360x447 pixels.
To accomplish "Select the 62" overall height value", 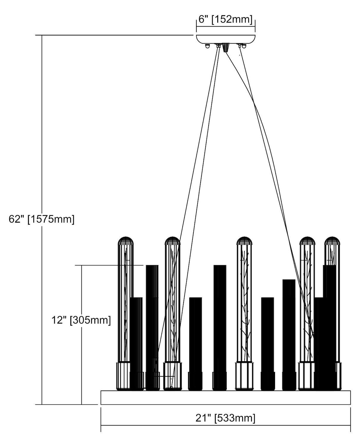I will pyautogui.click(x=16, y=219).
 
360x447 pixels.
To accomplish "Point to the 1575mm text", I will pyautogui.click(x=51, y=219).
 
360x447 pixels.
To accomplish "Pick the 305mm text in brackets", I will pyautogui.click(x=90, y=320).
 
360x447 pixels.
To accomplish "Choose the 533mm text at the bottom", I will pyautogui.click(x=235, y=418).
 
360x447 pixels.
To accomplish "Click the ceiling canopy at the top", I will pyautogui.click(x=226, y=39).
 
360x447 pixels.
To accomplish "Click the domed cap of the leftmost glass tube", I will pyautogui.click(x=125, y=240).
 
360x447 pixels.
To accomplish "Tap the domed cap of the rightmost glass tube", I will pyautogui.click(x=332, y=240).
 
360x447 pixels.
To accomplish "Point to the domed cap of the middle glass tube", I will pyautogui.click(x=244, y=240).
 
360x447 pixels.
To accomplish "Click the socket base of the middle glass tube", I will pyautogui.click(x=244, y=376).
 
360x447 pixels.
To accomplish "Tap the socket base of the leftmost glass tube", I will pyautogui.click(x=123, y=376).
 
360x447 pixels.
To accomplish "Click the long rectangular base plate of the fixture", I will pyautogui.click(x=226, y=397).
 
